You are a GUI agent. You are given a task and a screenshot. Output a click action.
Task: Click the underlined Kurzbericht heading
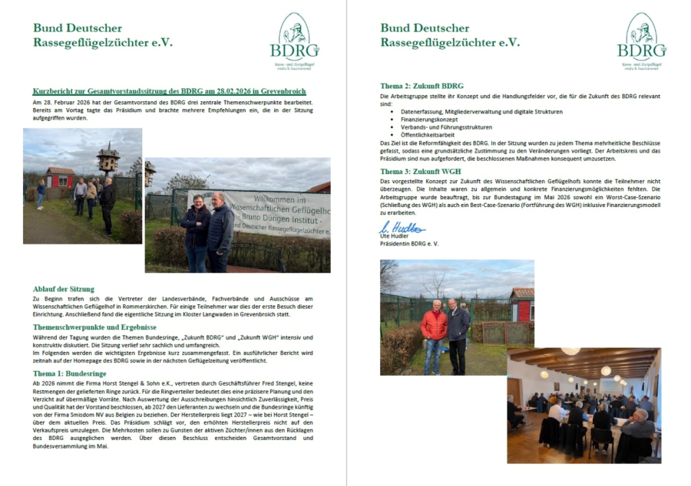[169, 91]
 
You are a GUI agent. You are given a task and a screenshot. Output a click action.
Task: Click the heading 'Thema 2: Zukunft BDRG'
[422, 86]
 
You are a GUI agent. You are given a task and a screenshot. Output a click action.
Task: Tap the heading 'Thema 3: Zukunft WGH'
[421, 170]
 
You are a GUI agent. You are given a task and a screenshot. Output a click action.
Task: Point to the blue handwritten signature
[402, 228]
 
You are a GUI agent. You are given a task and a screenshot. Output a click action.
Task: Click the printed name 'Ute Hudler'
[395, 236]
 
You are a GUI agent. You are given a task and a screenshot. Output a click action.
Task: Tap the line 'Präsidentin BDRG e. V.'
[410, 244]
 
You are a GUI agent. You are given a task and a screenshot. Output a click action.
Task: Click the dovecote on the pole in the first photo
[107, 158]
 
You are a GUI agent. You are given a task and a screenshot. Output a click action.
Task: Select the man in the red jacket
[434, 329]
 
